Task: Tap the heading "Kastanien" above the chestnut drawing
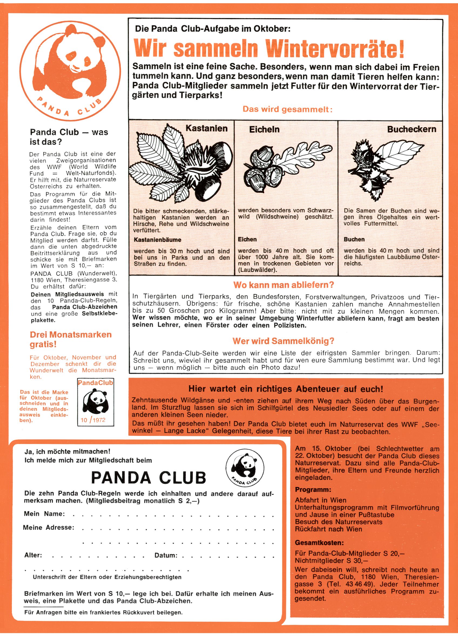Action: (x=206, y=128)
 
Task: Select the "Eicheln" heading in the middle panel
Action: (x=264, y=129)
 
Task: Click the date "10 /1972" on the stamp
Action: (x=93, y=420)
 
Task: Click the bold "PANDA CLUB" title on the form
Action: (x=149, y=477)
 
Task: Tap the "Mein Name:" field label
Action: (x=44, y=514)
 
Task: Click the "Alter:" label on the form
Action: (x=33, y=555)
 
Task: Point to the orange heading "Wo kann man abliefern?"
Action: (x=284, y=285)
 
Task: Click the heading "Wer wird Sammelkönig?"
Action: (x=283, y=341)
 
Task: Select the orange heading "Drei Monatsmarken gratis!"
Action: (x=70, y=339)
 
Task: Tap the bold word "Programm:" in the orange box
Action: (x=313, y=490)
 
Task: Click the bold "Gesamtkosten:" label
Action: (x=319, y=543)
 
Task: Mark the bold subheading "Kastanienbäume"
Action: (x=157, y=240)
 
